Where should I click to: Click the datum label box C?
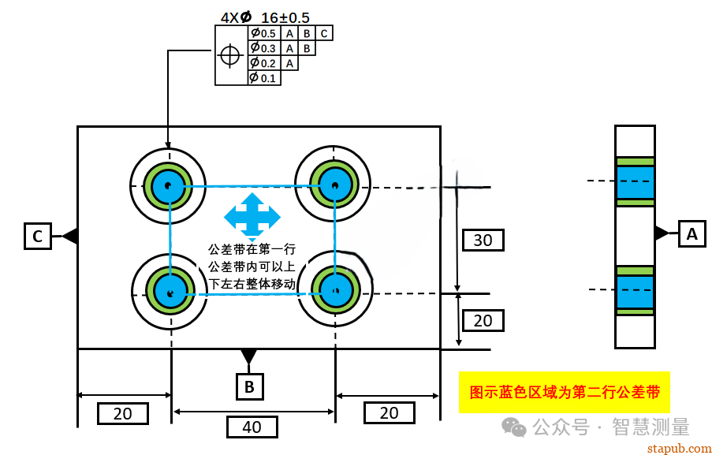click(38, 236)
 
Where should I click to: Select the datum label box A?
click(691, 233)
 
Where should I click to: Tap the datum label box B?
click(249, 386)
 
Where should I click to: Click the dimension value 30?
click(483, 240)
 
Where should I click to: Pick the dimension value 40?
click(252, 427)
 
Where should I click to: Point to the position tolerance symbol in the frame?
click(230, 55)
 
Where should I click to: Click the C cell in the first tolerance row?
click(324, 33)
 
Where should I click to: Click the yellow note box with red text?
click(564, 392)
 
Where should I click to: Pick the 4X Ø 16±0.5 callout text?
click(265, 17)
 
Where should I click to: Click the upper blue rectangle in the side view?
click(635, 181)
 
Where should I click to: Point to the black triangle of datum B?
click(249, 356)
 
